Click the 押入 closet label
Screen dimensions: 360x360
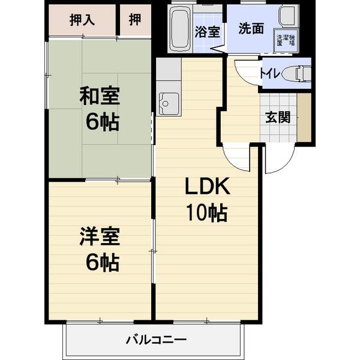coord(82,20)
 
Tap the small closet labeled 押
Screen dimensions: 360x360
coord(136,20)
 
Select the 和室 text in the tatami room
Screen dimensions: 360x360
coord(100,96)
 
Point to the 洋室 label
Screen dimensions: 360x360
coord(100,236)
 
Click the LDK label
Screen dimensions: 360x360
coord(207,188)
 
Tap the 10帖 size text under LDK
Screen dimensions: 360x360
coord(207,213)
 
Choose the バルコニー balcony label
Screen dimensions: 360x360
coord(155,340)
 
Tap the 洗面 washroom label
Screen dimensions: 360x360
coord(250,29)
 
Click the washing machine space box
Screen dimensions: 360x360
coord(285,40)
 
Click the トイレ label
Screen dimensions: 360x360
coord(268,73)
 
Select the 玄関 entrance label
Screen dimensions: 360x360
coord(278,117)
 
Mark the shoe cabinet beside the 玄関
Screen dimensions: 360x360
coord(304,117)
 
